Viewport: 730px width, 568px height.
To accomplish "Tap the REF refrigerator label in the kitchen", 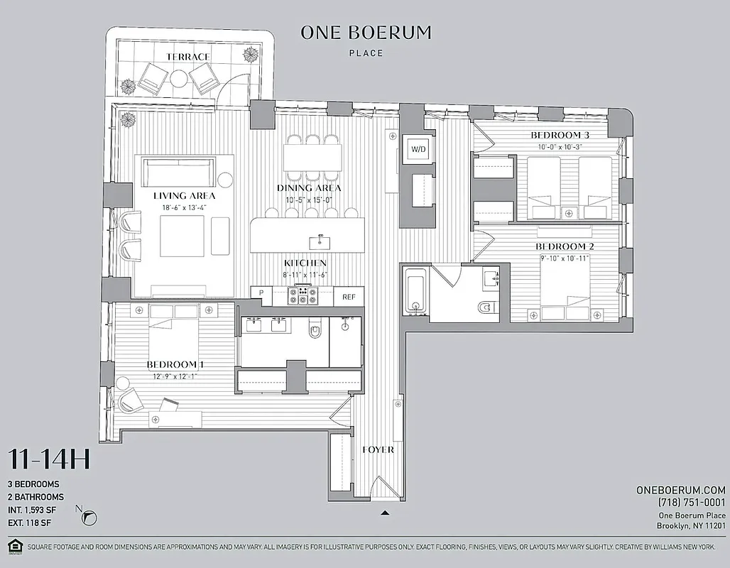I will pyautogui.click(x=349, y=297).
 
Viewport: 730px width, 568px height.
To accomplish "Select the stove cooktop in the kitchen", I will pyautogui.click(x=302, y=295).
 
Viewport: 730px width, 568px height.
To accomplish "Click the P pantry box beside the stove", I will pyautogui.click(x=261, y=293).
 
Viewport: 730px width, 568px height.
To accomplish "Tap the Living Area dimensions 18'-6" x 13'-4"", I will pyautogui.click(x=185, y=207).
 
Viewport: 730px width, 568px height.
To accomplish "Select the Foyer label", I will pyautogui.click(x=378, y=449).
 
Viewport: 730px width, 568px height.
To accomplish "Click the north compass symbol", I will pyautogui.click(x=90, y=518).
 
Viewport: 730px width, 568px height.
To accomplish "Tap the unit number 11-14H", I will pyautogui.click(x=49, y=460).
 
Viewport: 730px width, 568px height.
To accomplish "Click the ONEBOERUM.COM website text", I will pyautogui.click(x=682, y=490).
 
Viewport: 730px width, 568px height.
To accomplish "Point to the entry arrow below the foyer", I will pyautogui.click(x=385, y=511).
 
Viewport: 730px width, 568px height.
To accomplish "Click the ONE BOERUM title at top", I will pyautogui.click(x=366, y=33).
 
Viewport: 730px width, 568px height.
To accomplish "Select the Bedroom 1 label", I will pyautogui.click(x=180, y=365).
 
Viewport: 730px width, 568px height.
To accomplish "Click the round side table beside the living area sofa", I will pyautogui.click(x=226, y=180).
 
